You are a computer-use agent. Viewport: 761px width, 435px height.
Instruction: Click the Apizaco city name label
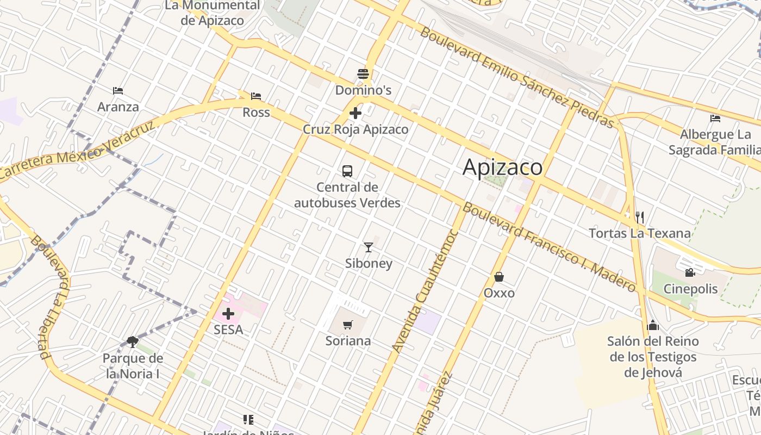point(502,167)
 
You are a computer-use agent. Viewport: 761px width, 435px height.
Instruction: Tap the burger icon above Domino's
point(363,73)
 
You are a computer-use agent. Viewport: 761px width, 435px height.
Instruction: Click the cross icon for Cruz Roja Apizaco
point(355,113)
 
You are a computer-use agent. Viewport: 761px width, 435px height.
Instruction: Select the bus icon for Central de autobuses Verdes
point(347,171)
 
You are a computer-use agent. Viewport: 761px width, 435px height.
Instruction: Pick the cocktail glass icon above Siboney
point(369,247)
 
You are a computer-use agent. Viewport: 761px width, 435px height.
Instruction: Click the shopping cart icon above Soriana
point(348,325)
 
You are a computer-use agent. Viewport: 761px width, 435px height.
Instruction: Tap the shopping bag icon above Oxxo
point(499,277)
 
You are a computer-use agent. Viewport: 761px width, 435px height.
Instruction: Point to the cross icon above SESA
point(228,314)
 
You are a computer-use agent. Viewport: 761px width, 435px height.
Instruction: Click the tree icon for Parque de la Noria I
point(132,341)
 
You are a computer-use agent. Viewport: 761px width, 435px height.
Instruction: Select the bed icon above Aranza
point(118,90)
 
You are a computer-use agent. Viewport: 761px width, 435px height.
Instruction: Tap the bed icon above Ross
point(256,96)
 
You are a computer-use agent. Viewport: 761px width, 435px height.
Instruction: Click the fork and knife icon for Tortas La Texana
point(640,217)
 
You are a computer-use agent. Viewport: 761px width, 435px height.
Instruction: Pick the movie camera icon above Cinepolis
point(690,272)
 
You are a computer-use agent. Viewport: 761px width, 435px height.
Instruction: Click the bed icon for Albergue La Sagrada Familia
point(715,118)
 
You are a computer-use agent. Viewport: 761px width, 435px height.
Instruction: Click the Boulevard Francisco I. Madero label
point(549,247)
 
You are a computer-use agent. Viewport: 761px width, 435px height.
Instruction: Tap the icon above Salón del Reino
point(653,325)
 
